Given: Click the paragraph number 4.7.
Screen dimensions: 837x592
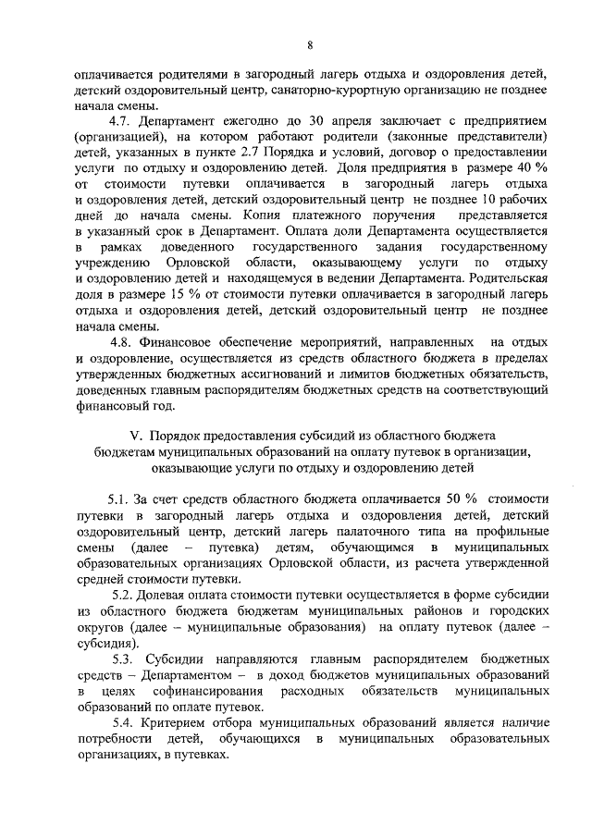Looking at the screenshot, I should (123, 121).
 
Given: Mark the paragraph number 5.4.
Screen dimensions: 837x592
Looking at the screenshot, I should (124, 720).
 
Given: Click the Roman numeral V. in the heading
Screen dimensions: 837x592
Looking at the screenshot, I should (130, 435).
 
